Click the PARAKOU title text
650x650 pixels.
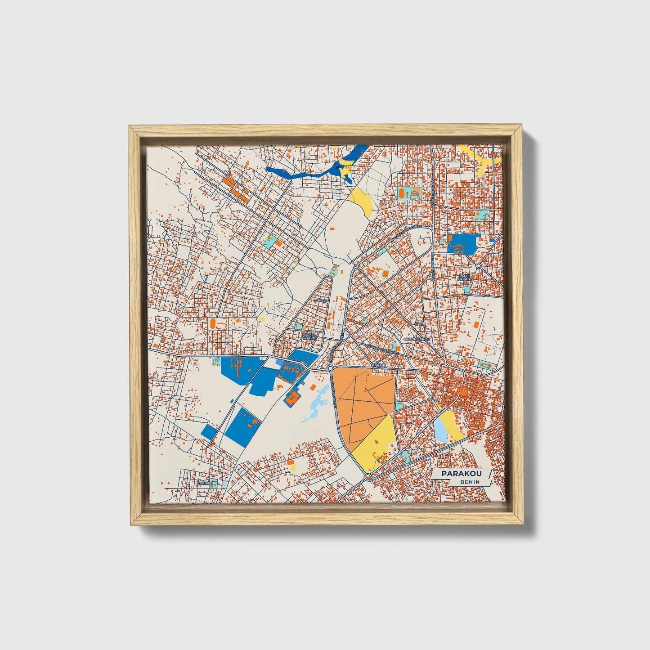(x=462, y=474)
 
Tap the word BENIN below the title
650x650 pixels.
(x=470, y=482)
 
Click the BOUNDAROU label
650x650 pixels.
(x=418, y=339)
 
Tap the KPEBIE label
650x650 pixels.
(x=378, y=366)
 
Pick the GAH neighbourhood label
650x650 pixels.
(x=419, y=323)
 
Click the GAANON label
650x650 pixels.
(x=204, y=483)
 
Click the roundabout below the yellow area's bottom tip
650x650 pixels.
(x=368, y=476)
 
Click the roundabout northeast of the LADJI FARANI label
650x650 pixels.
(x=478, y=266)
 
